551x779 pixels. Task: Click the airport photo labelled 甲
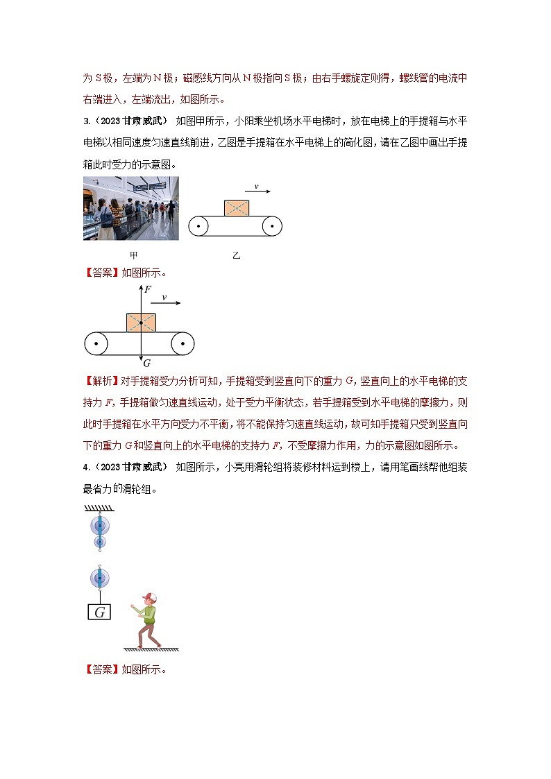click(130, 208)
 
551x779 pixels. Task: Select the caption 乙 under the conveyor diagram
click(236, 255)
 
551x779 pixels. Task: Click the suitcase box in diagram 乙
click(237, 207)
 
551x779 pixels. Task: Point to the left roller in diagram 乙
click(199, 226)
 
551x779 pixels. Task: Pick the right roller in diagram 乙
click(272, 226)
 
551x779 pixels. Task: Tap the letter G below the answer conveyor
click(146, 363)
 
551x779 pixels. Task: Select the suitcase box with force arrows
click(141, 323)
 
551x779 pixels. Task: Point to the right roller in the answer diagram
click(183, 343)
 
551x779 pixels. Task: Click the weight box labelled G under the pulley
click(101, 612)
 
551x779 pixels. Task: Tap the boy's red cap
click(148, 597)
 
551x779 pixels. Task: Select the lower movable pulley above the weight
click(101, 577)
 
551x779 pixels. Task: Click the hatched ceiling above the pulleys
click(100, 508)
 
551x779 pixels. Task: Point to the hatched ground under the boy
click(151, 650)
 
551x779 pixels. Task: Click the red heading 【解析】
click(101, 381)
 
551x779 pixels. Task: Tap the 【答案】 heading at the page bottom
click(101, 669)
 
